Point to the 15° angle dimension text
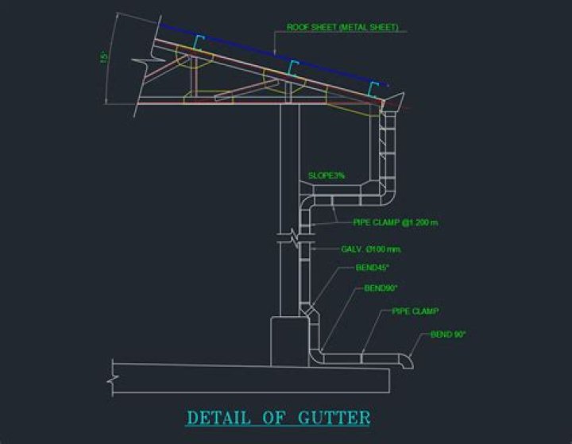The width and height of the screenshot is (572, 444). tap(103, 58)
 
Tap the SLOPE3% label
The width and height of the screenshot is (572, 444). tap(326, 175)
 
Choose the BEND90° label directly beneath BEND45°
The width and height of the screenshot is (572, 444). tap(379, 288)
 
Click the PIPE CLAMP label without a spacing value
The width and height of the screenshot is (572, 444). tap(415, 311)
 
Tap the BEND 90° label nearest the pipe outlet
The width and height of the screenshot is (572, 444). tap(448, 334)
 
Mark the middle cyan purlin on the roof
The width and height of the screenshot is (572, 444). tap(292, 68)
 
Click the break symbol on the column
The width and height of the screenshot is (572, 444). tap(291, 235)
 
